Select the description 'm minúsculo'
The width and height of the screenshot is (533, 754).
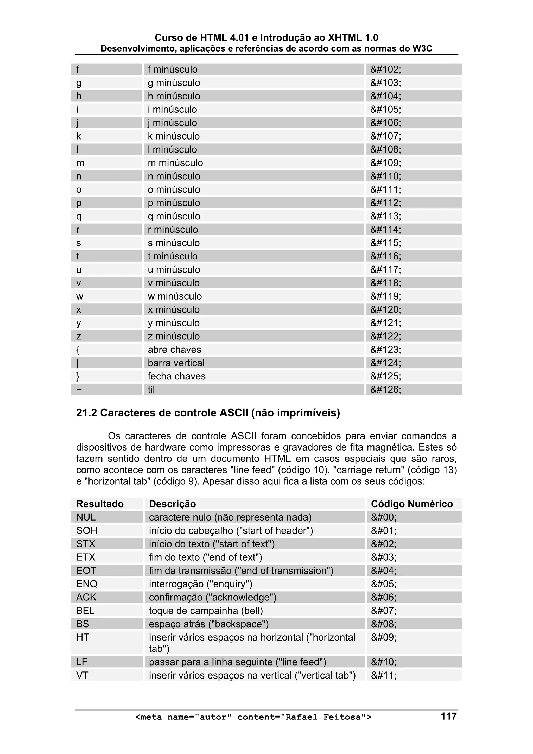(175, 163)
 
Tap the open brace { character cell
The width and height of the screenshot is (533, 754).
(78, 350)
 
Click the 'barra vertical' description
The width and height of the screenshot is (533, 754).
(176, 363)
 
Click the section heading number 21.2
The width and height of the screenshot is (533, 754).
(86, 413)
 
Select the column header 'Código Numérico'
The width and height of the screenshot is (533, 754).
(411, 504)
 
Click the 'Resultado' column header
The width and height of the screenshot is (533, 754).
(100, 504)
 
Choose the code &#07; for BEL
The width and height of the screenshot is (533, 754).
(384, 611)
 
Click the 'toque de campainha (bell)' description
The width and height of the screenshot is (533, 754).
(206, 611)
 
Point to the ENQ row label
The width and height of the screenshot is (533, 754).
(87, 584)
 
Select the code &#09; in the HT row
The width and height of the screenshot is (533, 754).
(384, 637)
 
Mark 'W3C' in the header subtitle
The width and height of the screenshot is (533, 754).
(422, 49)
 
